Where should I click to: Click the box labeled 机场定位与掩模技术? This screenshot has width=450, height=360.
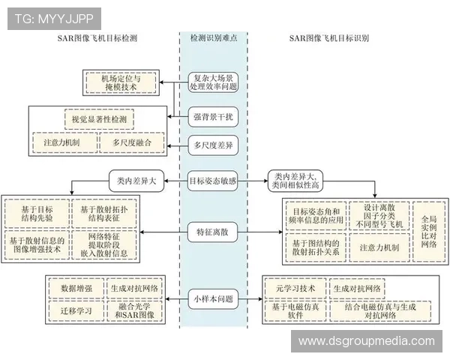[120, 82]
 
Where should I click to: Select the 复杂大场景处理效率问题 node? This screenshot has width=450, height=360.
[214, 82]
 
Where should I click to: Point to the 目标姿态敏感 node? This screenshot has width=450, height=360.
[214, 180]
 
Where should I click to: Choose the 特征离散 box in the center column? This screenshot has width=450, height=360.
[214, 232]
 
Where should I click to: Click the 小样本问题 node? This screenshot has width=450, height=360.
[214, 298]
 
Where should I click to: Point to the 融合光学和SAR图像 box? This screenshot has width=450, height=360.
[136, 310]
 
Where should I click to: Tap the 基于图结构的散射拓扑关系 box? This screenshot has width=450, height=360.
[316, 247]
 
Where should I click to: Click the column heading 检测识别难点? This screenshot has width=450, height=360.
[214, 37]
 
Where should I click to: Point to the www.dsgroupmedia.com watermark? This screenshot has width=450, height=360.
[366, 341]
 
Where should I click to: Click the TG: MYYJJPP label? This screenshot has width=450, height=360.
[53, 18]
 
